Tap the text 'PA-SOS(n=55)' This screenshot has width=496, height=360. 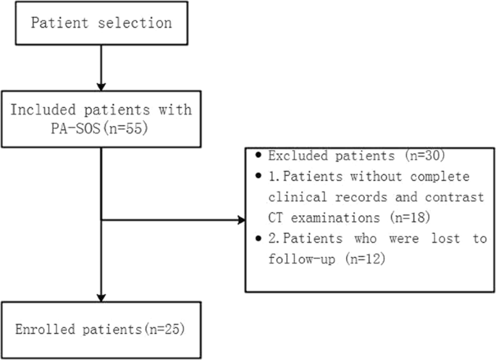(100, 130)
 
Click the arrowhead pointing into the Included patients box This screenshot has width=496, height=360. (101, 83)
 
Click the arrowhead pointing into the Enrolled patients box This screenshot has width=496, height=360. (101, 295)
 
